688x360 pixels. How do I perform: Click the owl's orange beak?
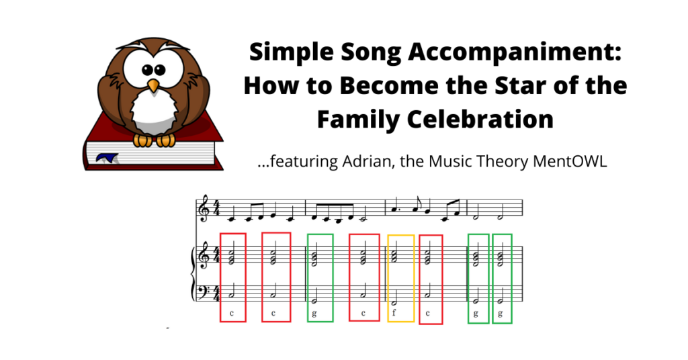153,86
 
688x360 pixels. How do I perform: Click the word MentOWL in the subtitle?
570,161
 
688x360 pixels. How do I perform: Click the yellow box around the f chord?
401,236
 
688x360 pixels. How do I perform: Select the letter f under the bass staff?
394,312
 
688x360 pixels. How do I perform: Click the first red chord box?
220,277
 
